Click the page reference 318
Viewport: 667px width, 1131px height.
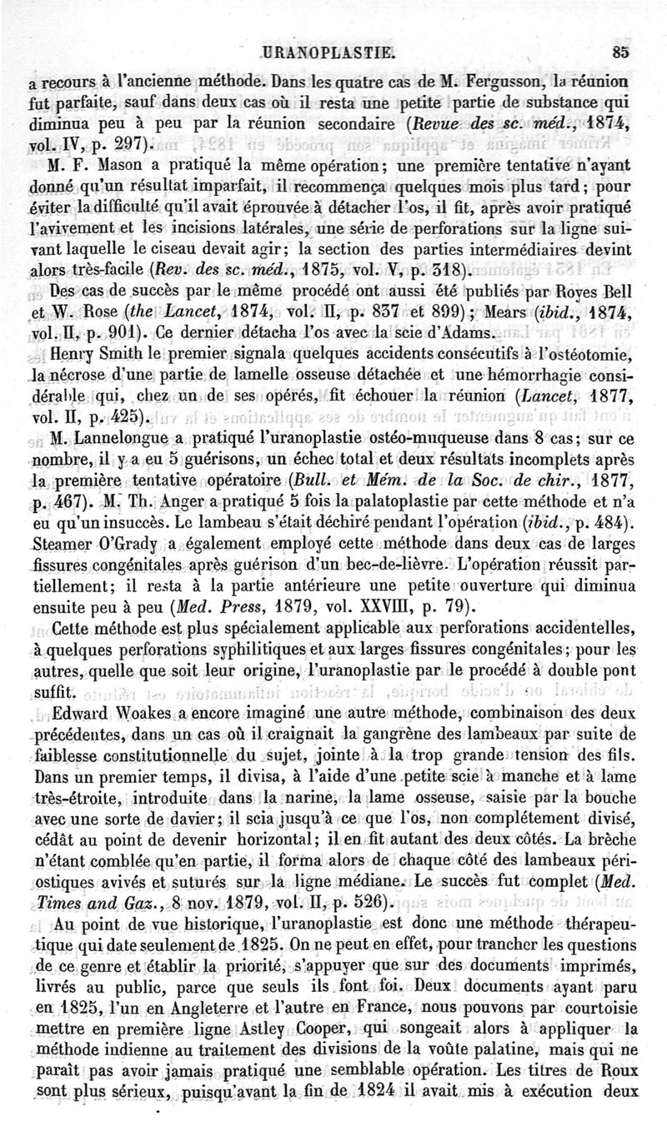pyautogui.click(x=451, y=271)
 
